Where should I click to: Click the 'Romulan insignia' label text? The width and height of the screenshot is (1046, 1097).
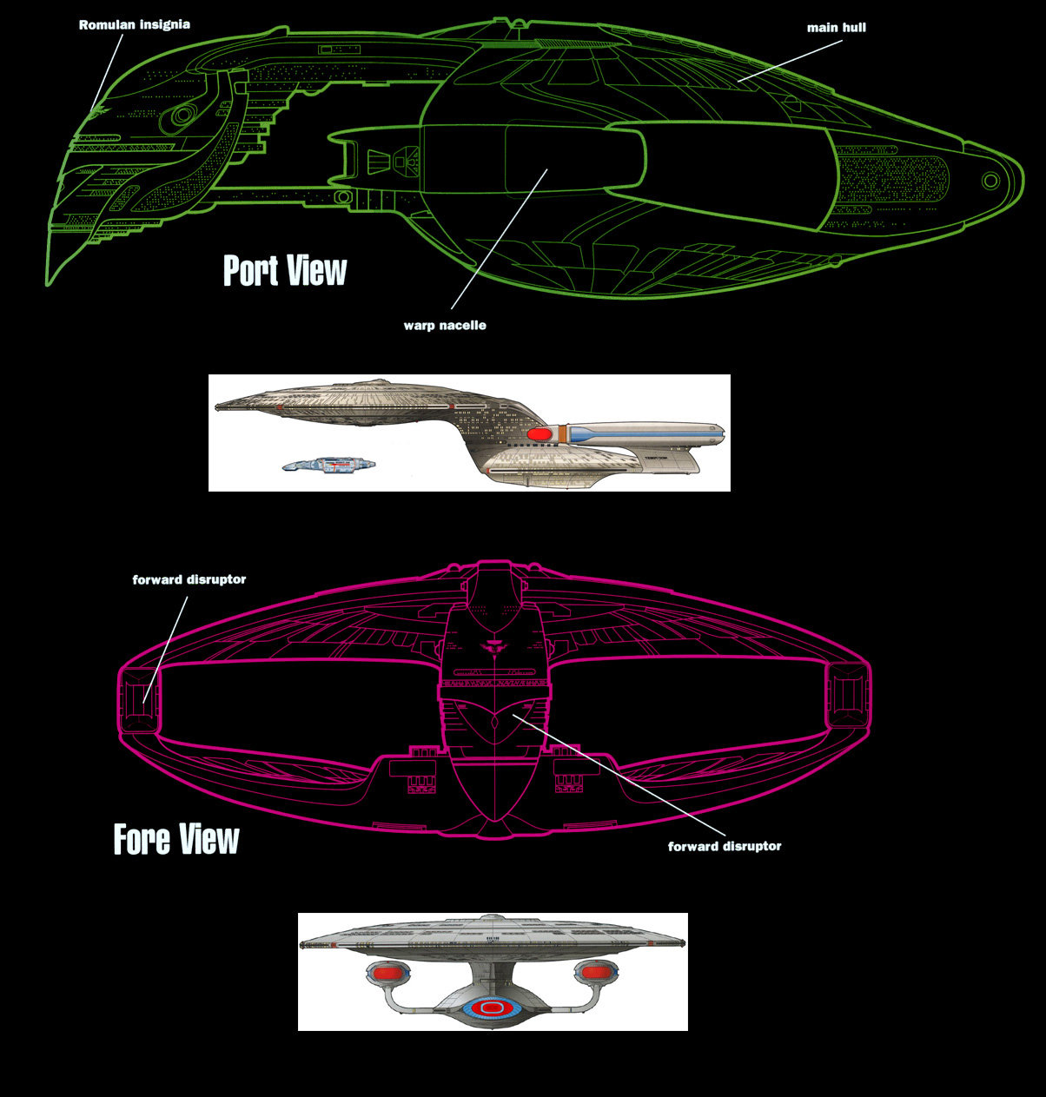tap(134, 25)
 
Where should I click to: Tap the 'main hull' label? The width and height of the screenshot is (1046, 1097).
tap(836, 28)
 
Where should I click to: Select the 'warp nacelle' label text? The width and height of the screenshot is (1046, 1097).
tap(445, 326)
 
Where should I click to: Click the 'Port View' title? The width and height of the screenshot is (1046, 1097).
tap(285, 271)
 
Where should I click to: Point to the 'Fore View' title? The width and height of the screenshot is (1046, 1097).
tap(176, 839)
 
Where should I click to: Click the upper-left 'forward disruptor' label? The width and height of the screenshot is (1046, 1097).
tap(189, 579)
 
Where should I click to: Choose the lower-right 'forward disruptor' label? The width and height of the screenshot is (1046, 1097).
tap(725, 846)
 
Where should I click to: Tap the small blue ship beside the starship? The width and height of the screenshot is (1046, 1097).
tap(329, 466)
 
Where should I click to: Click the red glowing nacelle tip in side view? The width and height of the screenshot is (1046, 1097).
tap(540, 433)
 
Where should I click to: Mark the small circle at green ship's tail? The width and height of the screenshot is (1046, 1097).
tap(990, 181)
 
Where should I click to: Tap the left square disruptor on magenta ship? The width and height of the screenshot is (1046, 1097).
tap(139, 697)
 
